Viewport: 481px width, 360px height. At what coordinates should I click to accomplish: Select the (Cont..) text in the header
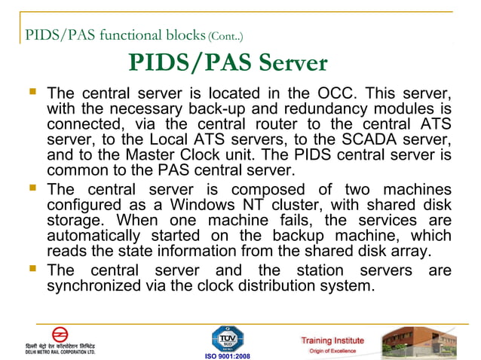(225, 35)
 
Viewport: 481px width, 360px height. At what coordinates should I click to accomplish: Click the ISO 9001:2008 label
(227, 354)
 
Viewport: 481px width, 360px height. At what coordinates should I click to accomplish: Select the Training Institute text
(332, 340)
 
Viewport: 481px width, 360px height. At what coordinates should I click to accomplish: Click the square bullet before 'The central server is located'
(33, 94)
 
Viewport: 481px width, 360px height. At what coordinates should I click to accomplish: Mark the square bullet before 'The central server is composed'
(33, 188)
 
